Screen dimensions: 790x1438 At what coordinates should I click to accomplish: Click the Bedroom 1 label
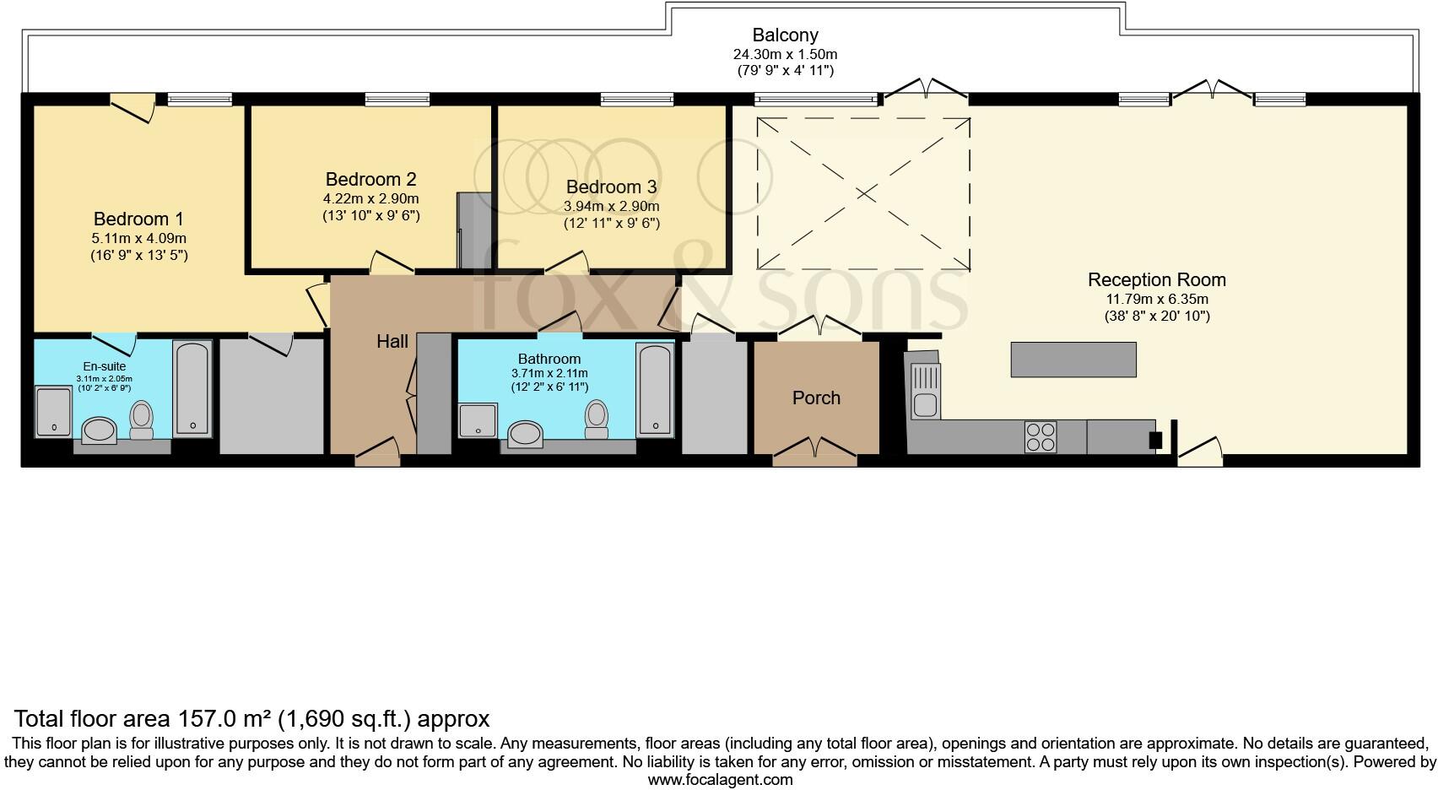(138, 219)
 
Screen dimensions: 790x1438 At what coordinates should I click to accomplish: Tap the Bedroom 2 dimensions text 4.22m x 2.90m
(370, 199)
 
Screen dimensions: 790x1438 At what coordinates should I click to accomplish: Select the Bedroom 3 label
(611, 187)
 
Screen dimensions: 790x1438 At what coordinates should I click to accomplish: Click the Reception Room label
(1156, 280)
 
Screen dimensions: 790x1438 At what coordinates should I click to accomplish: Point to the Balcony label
(785, 35)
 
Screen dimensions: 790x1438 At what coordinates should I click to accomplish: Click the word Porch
(816, 398)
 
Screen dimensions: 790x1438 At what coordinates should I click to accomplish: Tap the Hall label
(392, 342)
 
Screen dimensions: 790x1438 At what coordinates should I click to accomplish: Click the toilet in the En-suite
(142, 419)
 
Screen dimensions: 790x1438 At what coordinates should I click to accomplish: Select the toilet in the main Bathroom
(597, 419)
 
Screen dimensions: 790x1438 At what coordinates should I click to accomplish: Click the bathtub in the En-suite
(192, 388)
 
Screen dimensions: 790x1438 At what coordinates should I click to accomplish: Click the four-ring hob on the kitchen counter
(1040, 436)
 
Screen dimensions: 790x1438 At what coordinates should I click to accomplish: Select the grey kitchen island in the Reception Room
(1073, 360)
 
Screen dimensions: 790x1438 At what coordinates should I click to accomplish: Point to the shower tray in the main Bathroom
(478, 420)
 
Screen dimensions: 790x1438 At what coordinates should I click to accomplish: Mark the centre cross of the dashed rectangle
(863, 194)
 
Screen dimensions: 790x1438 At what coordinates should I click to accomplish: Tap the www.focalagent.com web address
(720, 780)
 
